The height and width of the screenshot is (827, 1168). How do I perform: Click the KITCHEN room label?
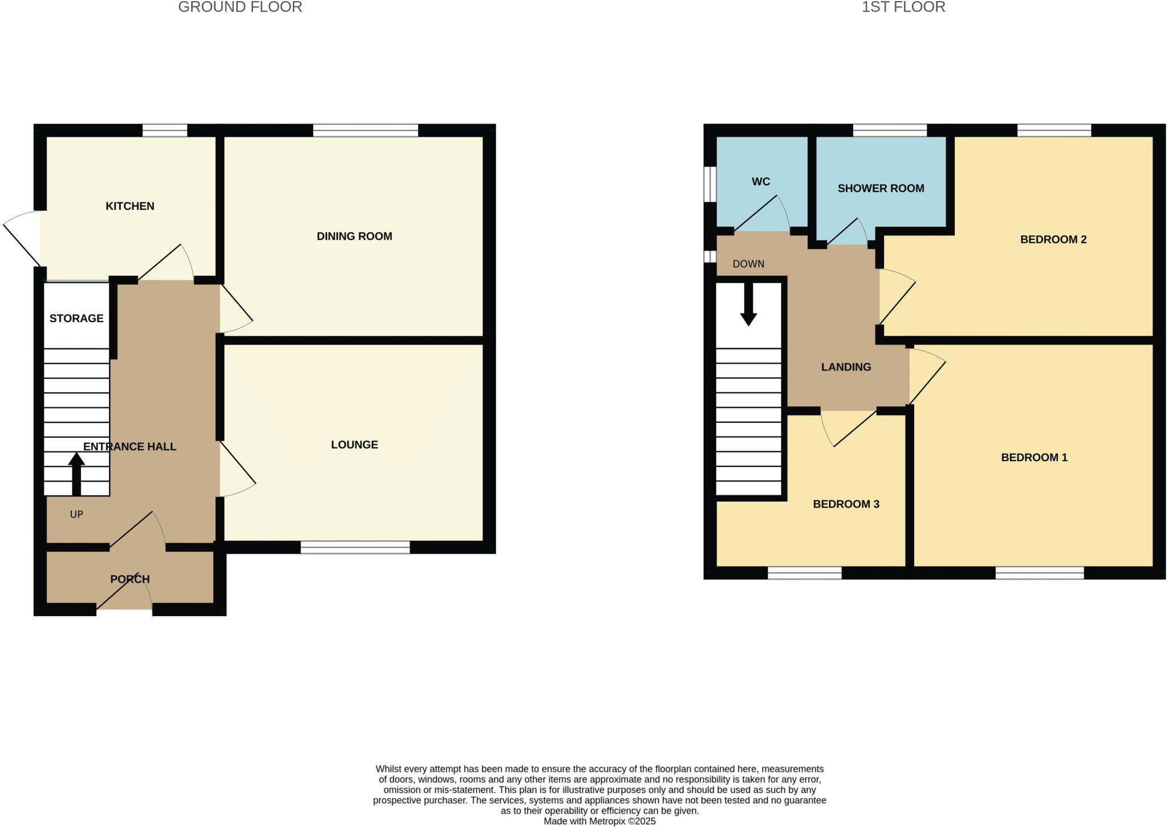click(129, 206)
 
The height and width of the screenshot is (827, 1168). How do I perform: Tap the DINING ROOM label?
click(354, 236)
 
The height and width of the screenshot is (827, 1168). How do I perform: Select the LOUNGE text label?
click(354, 445)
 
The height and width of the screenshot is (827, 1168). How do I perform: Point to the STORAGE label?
click(76, 319)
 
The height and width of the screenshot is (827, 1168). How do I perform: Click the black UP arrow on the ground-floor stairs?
click(76, 473)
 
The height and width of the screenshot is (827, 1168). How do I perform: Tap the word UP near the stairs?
click(76, 515)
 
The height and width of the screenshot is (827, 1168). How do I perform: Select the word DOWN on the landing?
click(748, 264)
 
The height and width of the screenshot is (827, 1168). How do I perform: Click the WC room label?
click(761, 182)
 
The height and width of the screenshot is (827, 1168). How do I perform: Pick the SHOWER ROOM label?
click(881, 189)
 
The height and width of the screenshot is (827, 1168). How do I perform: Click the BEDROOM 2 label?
click(1053, 239)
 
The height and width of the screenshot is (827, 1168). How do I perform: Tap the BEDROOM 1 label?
click(1034, 457)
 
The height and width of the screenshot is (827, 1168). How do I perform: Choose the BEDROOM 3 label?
click(846, 504)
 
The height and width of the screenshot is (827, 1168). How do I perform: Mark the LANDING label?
click(846, 367)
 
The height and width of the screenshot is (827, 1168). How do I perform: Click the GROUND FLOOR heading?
click(240, 7)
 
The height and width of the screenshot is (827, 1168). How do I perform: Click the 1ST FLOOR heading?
click(903, 7)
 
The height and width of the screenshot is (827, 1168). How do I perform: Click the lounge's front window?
click(355, 548)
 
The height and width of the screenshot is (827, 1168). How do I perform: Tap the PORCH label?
click(130, 579)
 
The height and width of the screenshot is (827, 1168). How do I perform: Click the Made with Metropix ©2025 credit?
click(599, 821)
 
